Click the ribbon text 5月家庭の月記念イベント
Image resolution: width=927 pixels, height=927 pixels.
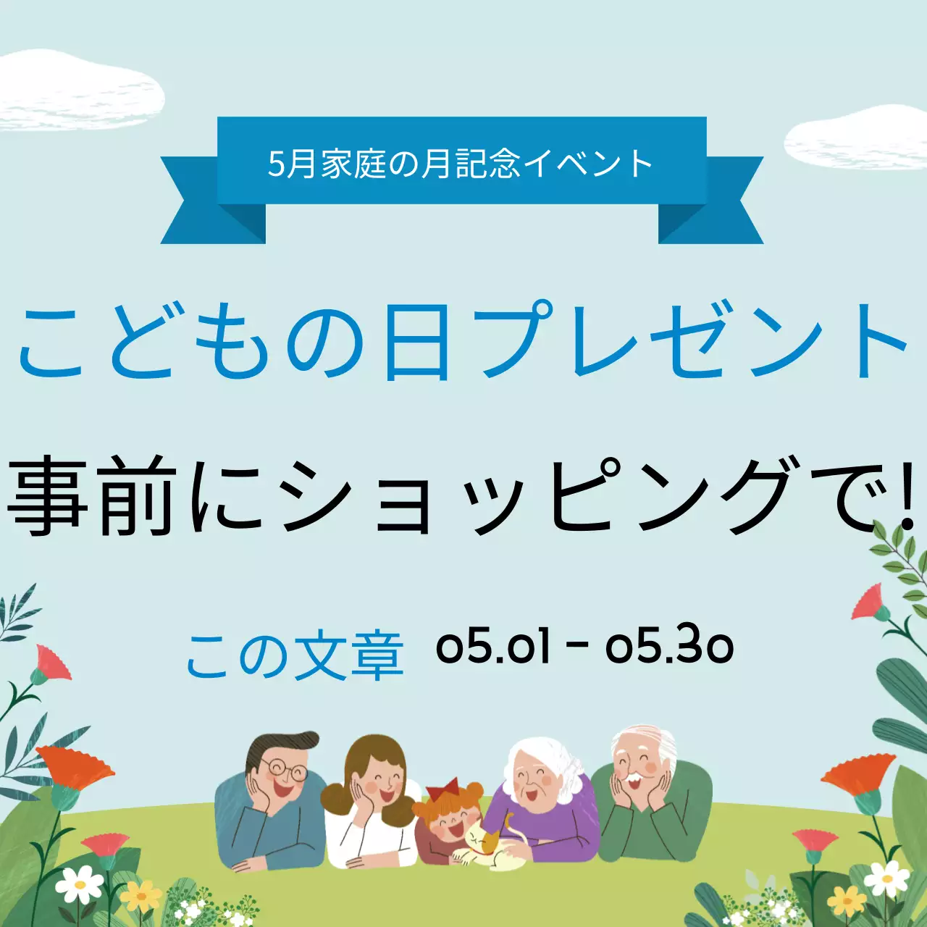click(461, 164)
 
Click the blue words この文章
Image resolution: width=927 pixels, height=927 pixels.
click(294, 656)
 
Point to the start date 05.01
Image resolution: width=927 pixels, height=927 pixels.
click(493, 646)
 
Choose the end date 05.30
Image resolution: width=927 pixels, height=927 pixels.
click(670, 646)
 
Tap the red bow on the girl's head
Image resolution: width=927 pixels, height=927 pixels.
click(442, 787)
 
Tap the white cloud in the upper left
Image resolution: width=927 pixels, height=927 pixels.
click(80, 91)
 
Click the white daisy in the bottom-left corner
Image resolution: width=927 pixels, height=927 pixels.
click(79, 884)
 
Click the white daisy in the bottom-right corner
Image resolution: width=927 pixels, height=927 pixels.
click(886, 878)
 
